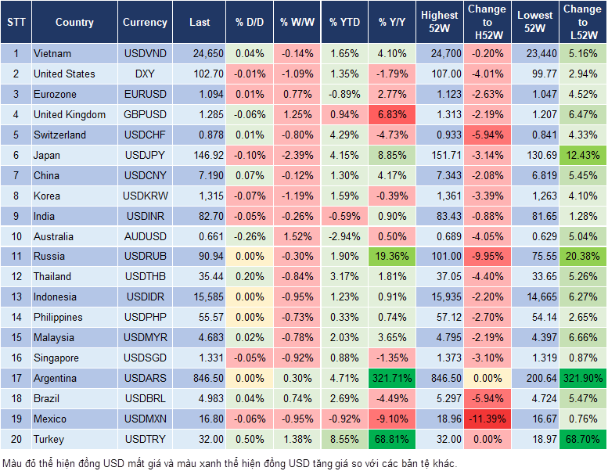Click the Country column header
(x=74, y=23)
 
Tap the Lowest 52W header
(x=534, y=23)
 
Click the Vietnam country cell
(x=52, y=54)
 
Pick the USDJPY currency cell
(x=145, y=156)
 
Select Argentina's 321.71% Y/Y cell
(x=392, y=379)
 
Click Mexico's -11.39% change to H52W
(x=486, y=419)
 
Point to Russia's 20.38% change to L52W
(x=583, y=257)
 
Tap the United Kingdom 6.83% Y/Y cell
(x=392, y=115)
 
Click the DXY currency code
(x=145, y=74)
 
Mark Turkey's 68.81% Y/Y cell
(x=392, y=440)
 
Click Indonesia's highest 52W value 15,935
(x=439, y=297)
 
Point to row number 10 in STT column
(x=15, y=236)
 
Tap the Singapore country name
(x=56, y=358)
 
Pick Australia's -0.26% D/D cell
(x=250, y=236)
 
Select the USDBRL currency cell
(x=145, y=399)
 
